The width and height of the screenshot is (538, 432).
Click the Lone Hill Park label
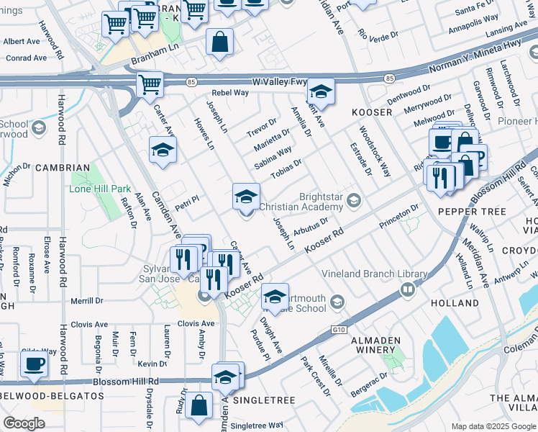(101, 189)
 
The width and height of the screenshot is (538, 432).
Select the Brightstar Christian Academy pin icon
(353, 200)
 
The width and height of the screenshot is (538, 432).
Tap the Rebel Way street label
(230, 93)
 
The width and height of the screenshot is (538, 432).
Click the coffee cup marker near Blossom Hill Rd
(34, 364)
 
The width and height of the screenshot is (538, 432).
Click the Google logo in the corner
(24, 423)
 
